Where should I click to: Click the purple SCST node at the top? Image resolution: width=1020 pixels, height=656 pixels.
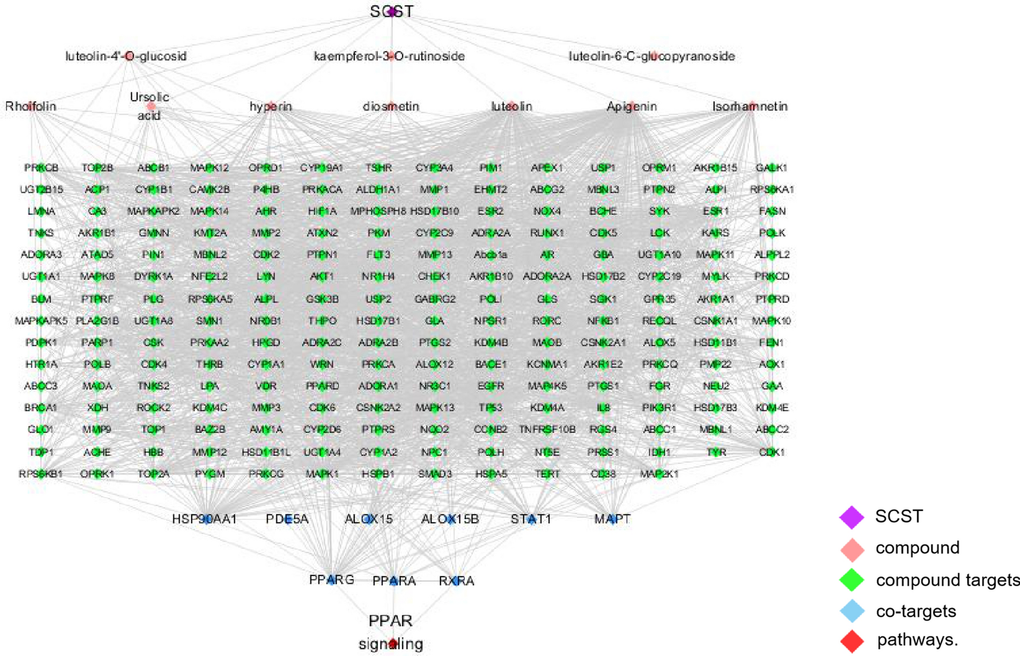392,12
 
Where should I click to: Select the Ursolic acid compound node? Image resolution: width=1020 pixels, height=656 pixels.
151,106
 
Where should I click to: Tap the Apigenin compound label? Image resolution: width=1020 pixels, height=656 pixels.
632,106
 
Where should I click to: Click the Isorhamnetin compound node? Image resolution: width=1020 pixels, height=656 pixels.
751,106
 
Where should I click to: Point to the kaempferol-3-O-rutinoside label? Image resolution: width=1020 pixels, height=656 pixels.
389,56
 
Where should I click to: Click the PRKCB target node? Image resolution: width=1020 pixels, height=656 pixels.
41,167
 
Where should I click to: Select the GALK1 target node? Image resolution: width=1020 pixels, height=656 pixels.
772,167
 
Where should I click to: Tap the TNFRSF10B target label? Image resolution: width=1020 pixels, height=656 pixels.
547,430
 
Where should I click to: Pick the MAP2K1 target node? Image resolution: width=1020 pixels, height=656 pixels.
659,474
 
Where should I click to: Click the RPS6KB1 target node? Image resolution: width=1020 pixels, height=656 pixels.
41,474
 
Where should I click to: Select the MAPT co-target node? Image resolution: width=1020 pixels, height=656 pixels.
612,520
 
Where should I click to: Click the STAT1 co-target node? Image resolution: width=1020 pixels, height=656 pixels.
531,520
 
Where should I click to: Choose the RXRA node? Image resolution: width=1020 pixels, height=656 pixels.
456,581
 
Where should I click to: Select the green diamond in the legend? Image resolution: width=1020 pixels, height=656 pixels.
852,580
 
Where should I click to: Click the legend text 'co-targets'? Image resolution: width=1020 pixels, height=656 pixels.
916,611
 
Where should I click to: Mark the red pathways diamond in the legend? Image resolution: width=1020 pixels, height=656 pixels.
852,640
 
